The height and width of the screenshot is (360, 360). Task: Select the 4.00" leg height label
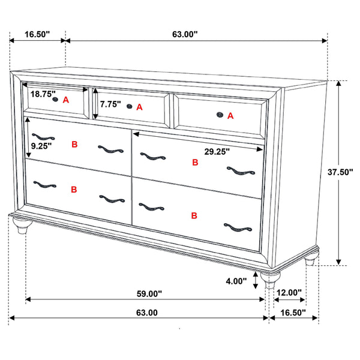[236, 281]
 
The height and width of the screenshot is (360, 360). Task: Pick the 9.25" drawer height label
[40, 145]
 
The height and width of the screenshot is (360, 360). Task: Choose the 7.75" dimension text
[110, 104]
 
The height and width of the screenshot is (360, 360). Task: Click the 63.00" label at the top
[185, 34]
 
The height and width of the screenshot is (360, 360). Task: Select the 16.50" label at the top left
[37, 34]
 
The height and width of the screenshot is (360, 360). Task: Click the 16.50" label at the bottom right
[293, 313]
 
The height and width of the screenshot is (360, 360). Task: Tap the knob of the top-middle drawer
[128, 107]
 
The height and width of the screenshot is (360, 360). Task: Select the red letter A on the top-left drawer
[66, 100]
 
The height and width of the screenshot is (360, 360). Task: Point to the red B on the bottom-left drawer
[74, 190]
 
